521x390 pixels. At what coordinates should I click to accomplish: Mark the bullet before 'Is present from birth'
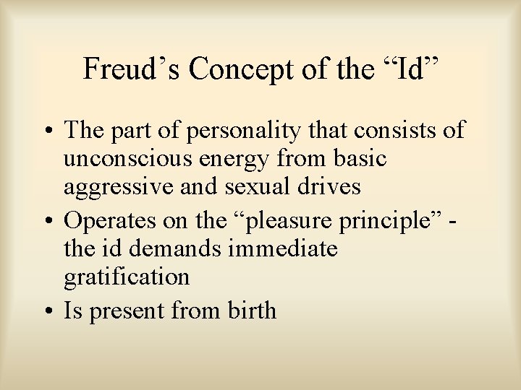(x=53, y=311)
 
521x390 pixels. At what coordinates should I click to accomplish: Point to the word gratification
(x=126, y=277)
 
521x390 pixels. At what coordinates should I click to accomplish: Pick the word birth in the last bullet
(x=250, y=311)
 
